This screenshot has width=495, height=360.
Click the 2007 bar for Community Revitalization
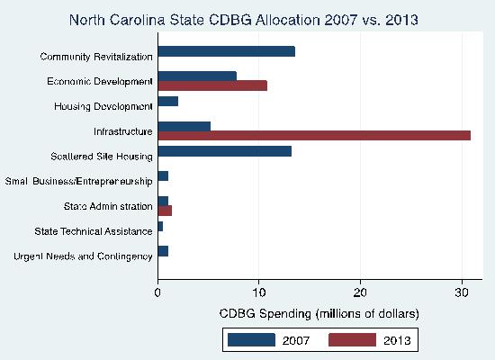pos(227,51)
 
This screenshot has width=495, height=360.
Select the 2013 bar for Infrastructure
pos(314,136)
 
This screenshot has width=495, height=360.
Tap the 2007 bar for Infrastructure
pos(184,126)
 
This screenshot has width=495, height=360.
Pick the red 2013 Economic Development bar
pos(212,85)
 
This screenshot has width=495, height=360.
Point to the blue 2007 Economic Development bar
pos(197,76)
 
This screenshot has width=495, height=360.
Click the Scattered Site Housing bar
pos(225,151)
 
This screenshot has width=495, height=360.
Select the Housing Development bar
pos(168,102)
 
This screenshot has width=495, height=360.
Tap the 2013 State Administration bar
pos(165,211)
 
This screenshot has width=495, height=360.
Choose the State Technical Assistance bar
pos(160,227)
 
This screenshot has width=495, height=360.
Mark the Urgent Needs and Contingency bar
pos(163,251)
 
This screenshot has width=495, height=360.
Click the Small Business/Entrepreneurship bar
pos(163,176)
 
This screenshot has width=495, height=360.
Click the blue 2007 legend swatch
pos(251,340)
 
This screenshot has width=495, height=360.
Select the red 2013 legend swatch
pos(352,340)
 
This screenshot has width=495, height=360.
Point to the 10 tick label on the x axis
pos(259,292)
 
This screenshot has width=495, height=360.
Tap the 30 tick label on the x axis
pos(462,292)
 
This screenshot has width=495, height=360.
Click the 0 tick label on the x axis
pos(157,292)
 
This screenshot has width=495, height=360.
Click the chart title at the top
pos(244,20)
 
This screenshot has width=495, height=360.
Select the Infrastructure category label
pos(123,131)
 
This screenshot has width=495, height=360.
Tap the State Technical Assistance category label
pos(94,231)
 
